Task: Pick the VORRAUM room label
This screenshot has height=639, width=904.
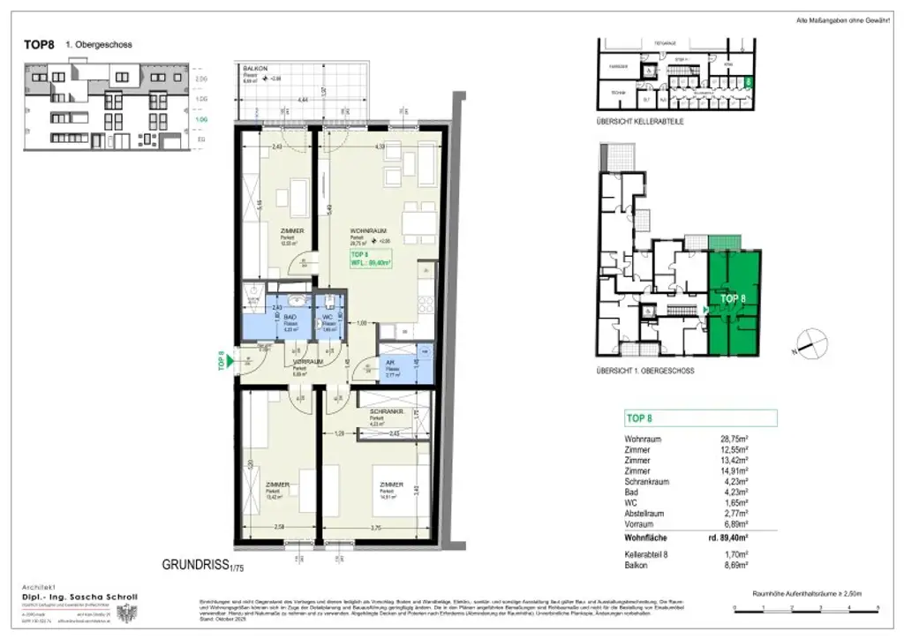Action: click(x=306, y=363)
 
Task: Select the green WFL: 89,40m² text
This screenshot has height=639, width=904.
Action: click(x=371, y=261)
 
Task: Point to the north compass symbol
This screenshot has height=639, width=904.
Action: click(x=810, y=342)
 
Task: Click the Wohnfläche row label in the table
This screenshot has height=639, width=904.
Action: click(x=646, y=537)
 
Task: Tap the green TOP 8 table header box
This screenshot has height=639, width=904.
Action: click(x=700, y=418)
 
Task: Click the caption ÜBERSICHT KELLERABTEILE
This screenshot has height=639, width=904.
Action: click(x=641, y=120)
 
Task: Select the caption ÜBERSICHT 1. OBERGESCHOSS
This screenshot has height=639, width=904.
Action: click(x=645, y=371)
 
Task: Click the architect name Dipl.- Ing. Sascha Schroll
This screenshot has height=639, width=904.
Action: click(x=79, y=598)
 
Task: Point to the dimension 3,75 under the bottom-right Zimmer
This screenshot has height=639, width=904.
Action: click(x=376, y=528)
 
